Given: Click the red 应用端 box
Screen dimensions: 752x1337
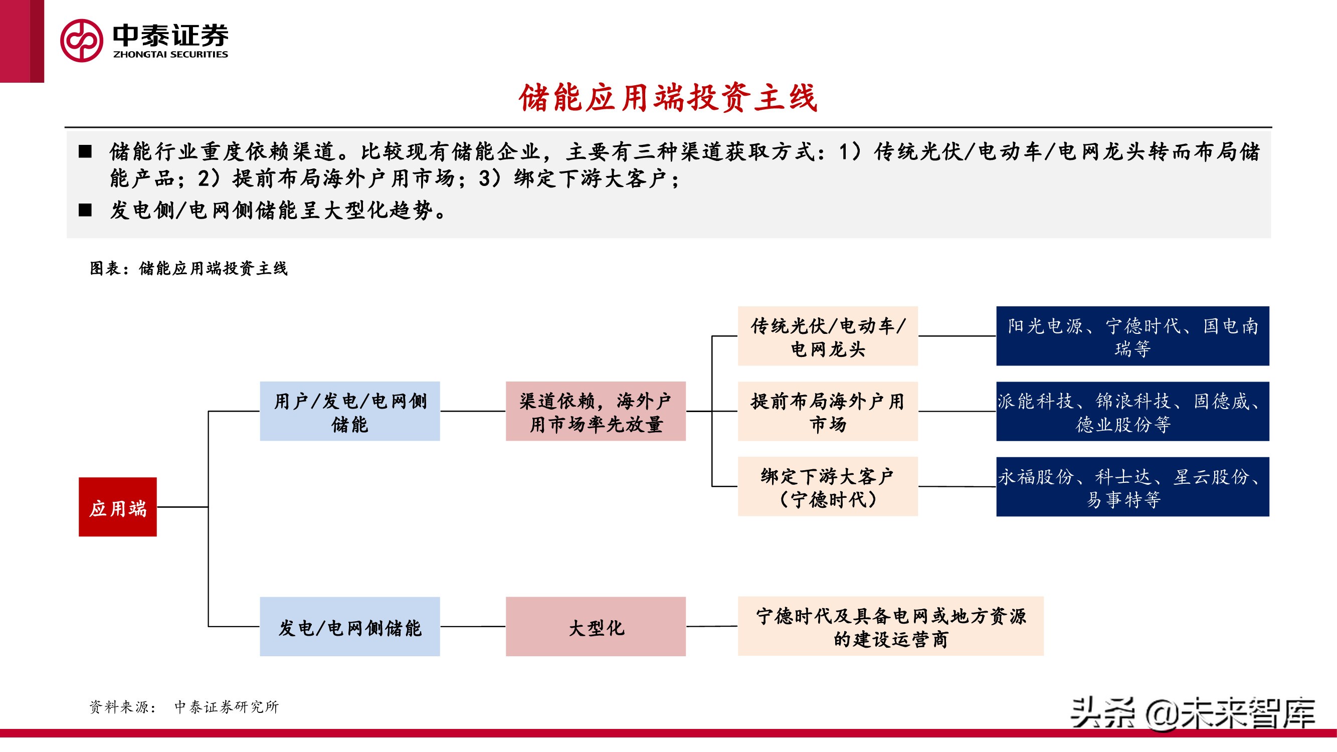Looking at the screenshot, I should pos(117,506).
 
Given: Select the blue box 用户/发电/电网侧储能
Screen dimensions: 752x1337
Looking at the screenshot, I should pos(349,411).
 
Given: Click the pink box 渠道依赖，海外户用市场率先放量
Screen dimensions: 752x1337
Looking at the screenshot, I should pos(596,411).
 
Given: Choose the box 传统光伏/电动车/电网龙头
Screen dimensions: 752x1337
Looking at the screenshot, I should pos(827,336).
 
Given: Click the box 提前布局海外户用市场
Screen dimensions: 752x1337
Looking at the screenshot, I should pos(827,411).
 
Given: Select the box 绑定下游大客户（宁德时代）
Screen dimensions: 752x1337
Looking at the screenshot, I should pos(827,486).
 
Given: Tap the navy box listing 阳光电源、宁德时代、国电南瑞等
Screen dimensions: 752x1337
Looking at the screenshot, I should pos(1132,336).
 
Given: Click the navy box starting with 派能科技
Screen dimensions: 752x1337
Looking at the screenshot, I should pos(1132,411).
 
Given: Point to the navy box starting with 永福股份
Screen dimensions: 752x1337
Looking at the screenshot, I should pos(1132,486).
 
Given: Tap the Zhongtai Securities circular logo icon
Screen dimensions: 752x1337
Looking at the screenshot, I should pos(82,41).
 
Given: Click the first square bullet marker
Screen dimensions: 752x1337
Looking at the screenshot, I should pos(85,151).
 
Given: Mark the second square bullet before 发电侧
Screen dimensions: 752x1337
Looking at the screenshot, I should pos(85,210).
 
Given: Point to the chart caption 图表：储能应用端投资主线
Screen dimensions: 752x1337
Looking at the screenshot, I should pos(188,268).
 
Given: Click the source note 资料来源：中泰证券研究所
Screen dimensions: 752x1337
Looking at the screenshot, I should pos(184,706).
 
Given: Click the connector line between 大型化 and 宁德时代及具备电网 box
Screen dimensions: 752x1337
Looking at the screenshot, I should pos(711,626).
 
